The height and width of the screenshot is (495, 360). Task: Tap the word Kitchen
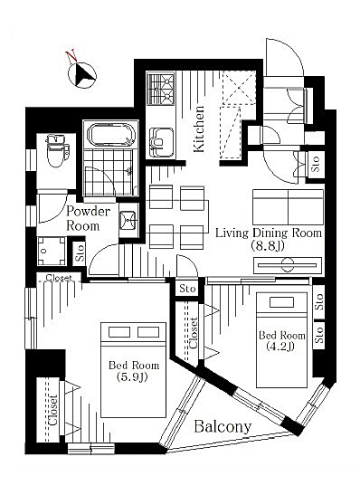point(199,129)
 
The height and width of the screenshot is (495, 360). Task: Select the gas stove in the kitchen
point(161,89)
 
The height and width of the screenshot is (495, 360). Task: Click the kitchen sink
point(161,142)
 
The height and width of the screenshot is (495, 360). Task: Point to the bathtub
point(110,135)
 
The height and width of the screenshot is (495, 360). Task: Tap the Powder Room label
point(89,218)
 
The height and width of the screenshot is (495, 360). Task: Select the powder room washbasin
point(128,219)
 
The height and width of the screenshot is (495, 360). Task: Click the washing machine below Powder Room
point(52,251)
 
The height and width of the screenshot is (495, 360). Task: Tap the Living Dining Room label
point(269,233)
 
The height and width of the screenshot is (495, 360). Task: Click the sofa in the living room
point(288,207)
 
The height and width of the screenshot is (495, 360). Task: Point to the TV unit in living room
point(288,265)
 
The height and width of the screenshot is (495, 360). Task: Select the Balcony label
point(223,427)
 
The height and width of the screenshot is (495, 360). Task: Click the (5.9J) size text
point(132,376)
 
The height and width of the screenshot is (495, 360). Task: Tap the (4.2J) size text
point(280,347)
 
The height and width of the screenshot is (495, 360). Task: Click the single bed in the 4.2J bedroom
point(281,340)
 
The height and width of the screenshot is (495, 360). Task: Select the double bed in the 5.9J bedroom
point(133,370)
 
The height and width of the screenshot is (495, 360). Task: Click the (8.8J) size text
point(268,246)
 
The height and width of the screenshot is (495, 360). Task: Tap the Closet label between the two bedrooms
point(193,332)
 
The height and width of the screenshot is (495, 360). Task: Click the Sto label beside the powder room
point(80,252)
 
